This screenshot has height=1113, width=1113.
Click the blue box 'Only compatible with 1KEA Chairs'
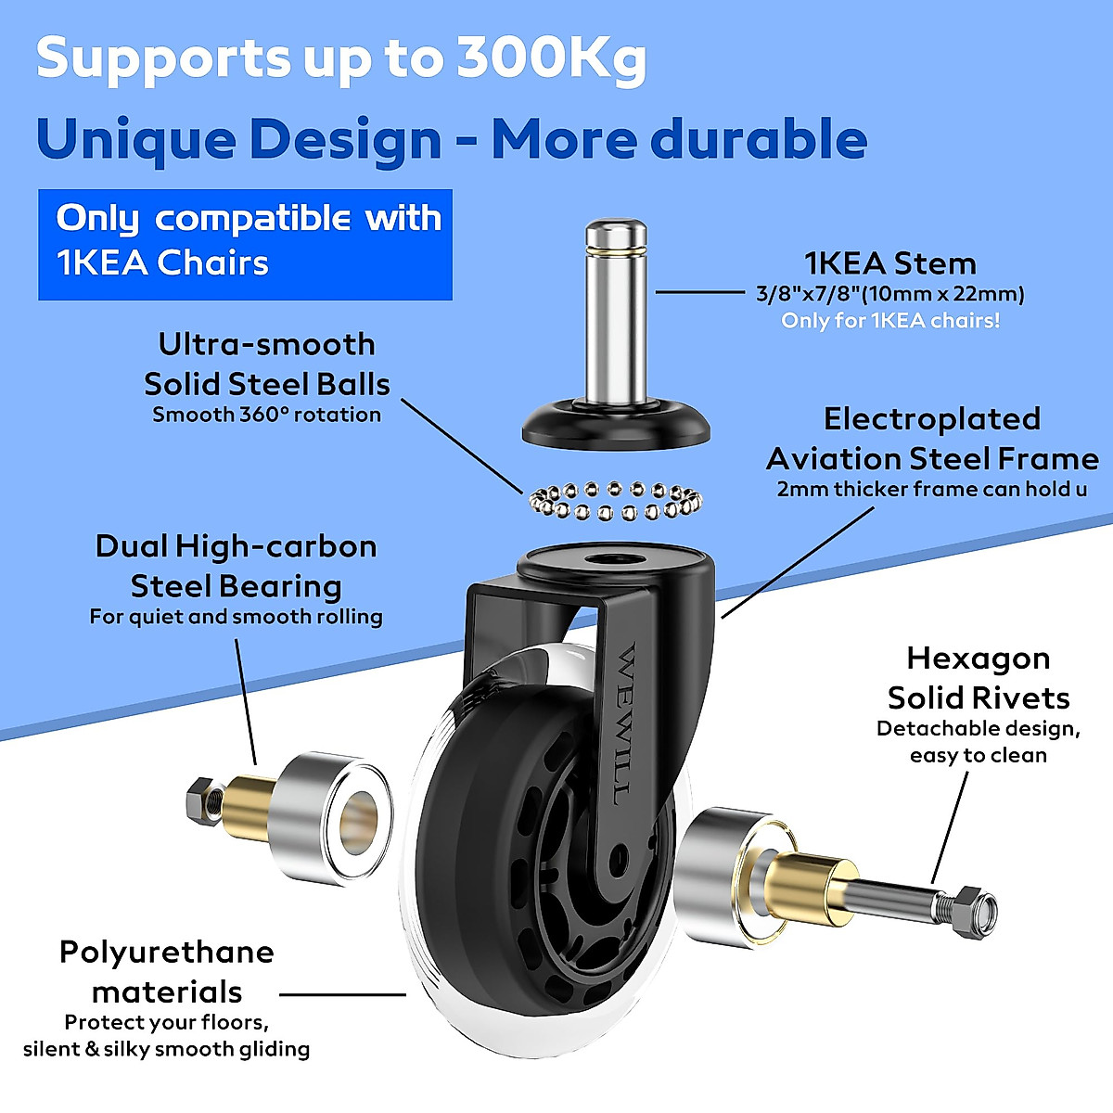(245, 244)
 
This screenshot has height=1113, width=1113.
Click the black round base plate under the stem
(617, 427)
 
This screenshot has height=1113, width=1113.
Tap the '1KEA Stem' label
(890, 263)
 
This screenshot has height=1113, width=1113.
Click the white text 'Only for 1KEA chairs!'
(890, 321)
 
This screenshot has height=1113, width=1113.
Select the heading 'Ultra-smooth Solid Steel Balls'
(267, 364)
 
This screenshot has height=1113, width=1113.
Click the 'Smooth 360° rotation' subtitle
(267, 415)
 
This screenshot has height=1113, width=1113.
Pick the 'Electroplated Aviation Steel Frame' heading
(932, 439)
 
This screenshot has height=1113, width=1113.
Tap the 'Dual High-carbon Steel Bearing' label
(236, 566)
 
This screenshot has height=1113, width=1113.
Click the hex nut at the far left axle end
(200, 796)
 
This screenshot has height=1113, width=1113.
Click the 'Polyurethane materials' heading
(167, 971)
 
